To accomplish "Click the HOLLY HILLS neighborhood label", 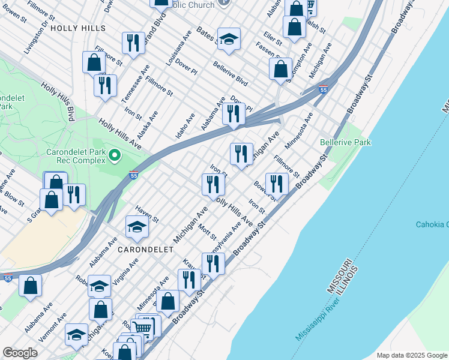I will [x=78, y=28].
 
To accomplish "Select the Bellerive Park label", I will [x=345, y=142].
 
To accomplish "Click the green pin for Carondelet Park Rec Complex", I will [x=114, y=157].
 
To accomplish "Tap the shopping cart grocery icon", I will [x=142, y=327].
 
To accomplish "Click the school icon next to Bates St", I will [x=229, y=39].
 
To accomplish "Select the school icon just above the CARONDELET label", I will [x=137, y=227].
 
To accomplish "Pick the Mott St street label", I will [x=207, y=230].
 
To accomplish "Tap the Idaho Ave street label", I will [x=185, y=125].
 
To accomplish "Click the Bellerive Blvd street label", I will [x=230, y=72].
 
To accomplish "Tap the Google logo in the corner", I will [x=20, y=353].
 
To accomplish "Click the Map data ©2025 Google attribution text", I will [x=412, y=355].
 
